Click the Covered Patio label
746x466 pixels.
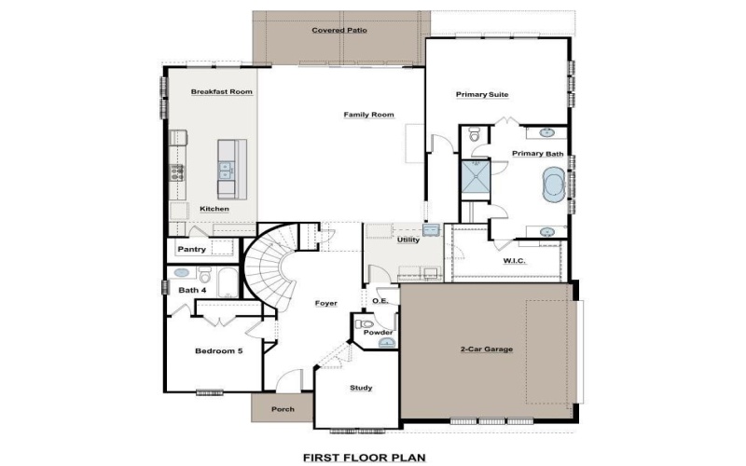click(338, 31)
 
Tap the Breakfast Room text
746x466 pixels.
click(222, 92)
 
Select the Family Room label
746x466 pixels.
click(368, 115)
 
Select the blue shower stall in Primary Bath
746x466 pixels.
click(476, 179)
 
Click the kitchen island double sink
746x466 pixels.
click(225, 170)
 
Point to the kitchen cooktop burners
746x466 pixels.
click(176, 172)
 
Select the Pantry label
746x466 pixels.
click(191, 249)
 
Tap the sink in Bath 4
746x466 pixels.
click(183, 274)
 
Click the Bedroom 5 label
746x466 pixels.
click(218, 350)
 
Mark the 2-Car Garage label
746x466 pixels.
click(486, 349)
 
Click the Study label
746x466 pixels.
click(361, 388)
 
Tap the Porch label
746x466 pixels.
click(283, 409)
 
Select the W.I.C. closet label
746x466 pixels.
click(514, 261)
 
